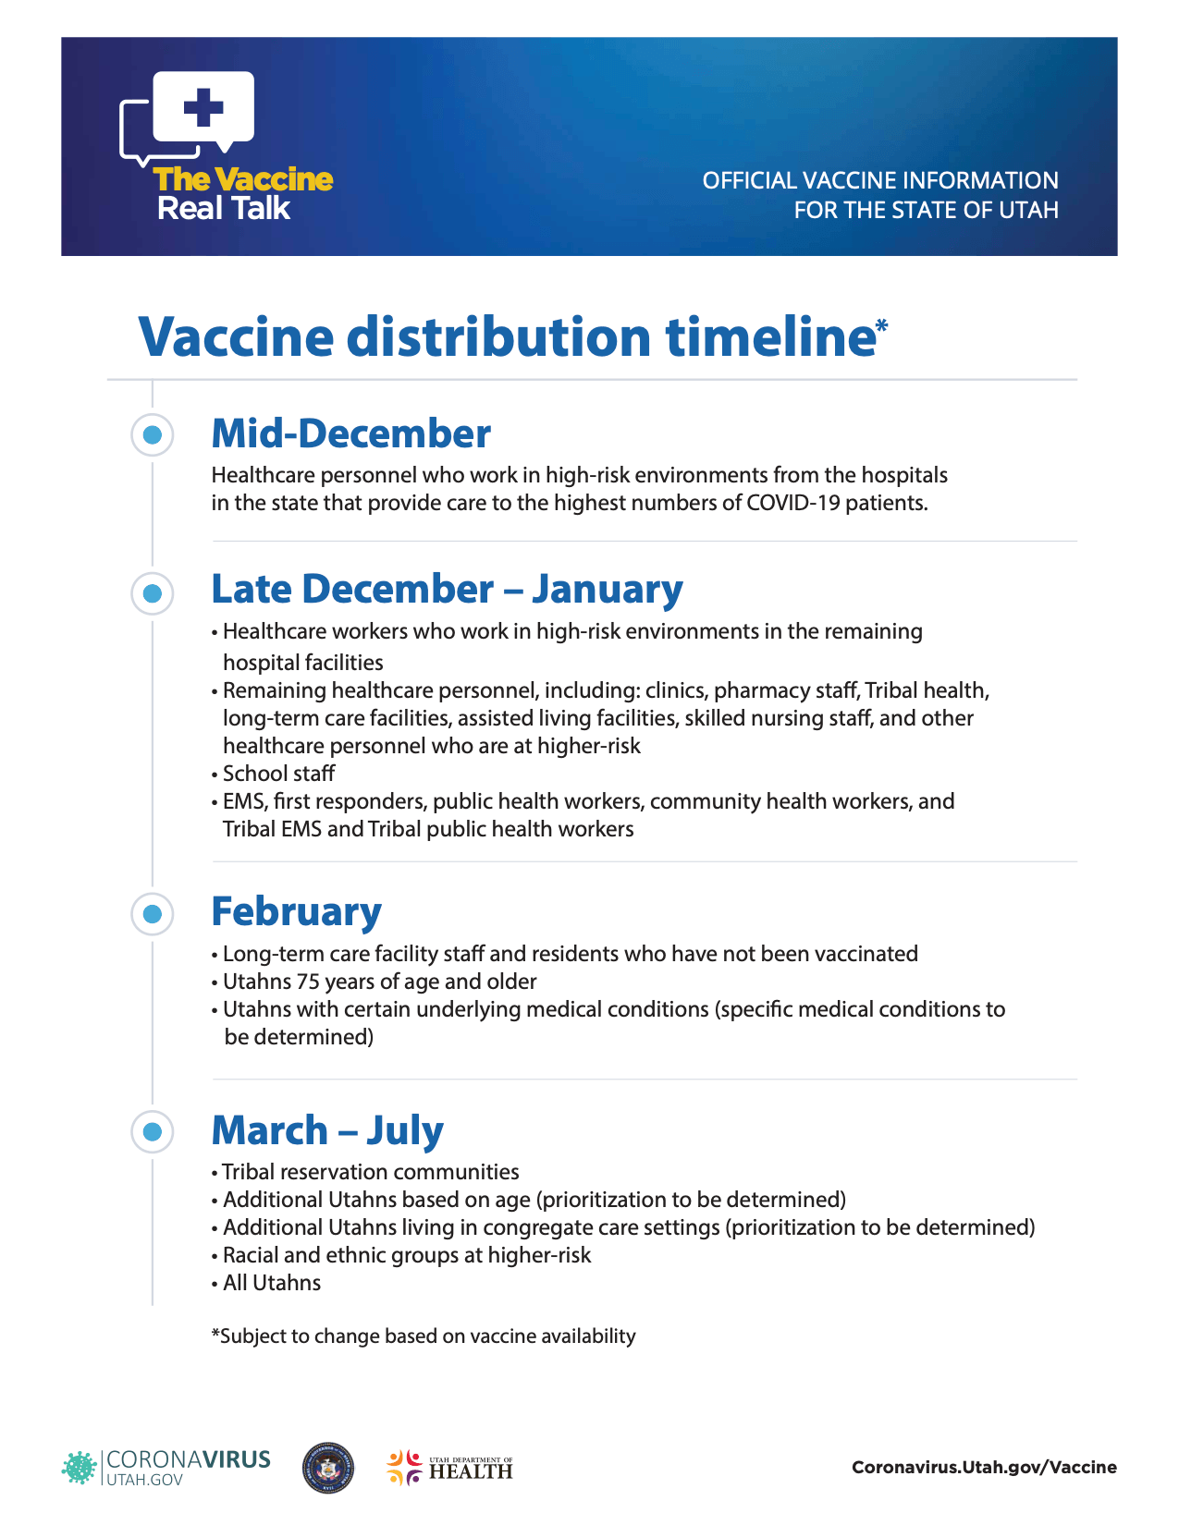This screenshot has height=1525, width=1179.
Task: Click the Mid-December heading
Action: (x=350, y=433)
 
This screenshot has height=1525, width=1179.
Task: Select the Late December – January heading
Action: (x=447, y=589)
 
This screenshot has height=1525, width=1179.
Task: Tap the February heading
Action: (x=296, y=911)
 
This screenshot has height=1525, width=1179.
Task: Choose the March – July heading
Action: (x=327, y=1130)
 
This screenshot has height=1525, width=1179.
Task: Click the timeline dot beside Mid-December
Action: (x=153, y=434)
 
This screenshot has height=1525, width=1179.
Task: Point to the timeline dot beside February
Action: (x=153, y=914)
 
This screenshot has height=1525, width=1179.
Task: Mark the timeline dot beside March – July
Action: (x=153, y=1131)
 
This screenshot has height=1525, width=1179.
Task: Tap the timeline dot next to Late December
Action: (x=153, y=592)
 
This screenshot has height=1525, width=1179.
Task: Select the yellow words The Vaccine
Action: (x=243, y=179)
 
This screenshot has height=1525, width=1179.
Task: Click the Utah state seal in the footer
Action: (x=328, y=1468)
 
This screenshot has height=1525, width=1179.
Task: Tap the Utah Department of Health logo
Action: (x=449, y=1468)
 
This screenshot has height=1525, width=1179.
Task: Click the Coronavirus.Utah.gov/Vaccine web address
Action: (x=984, y=1467)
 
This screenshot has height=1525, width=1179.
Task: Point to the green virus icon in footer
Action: (x=79, y=1468)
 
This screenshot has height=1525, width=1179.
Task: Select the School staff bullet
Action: (x=278, y=774)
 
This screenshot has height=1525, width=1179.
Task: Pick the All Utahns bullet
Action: (x=272, y=1283)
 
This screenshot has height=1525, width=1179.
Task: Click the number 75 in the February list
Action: (x=307, y=982)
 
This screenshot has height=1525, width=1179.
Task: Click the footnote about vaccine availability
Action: (x=424, y=1336)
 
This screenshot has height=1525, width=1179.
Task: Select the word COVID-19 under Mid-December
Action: (x=787, y=503)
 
